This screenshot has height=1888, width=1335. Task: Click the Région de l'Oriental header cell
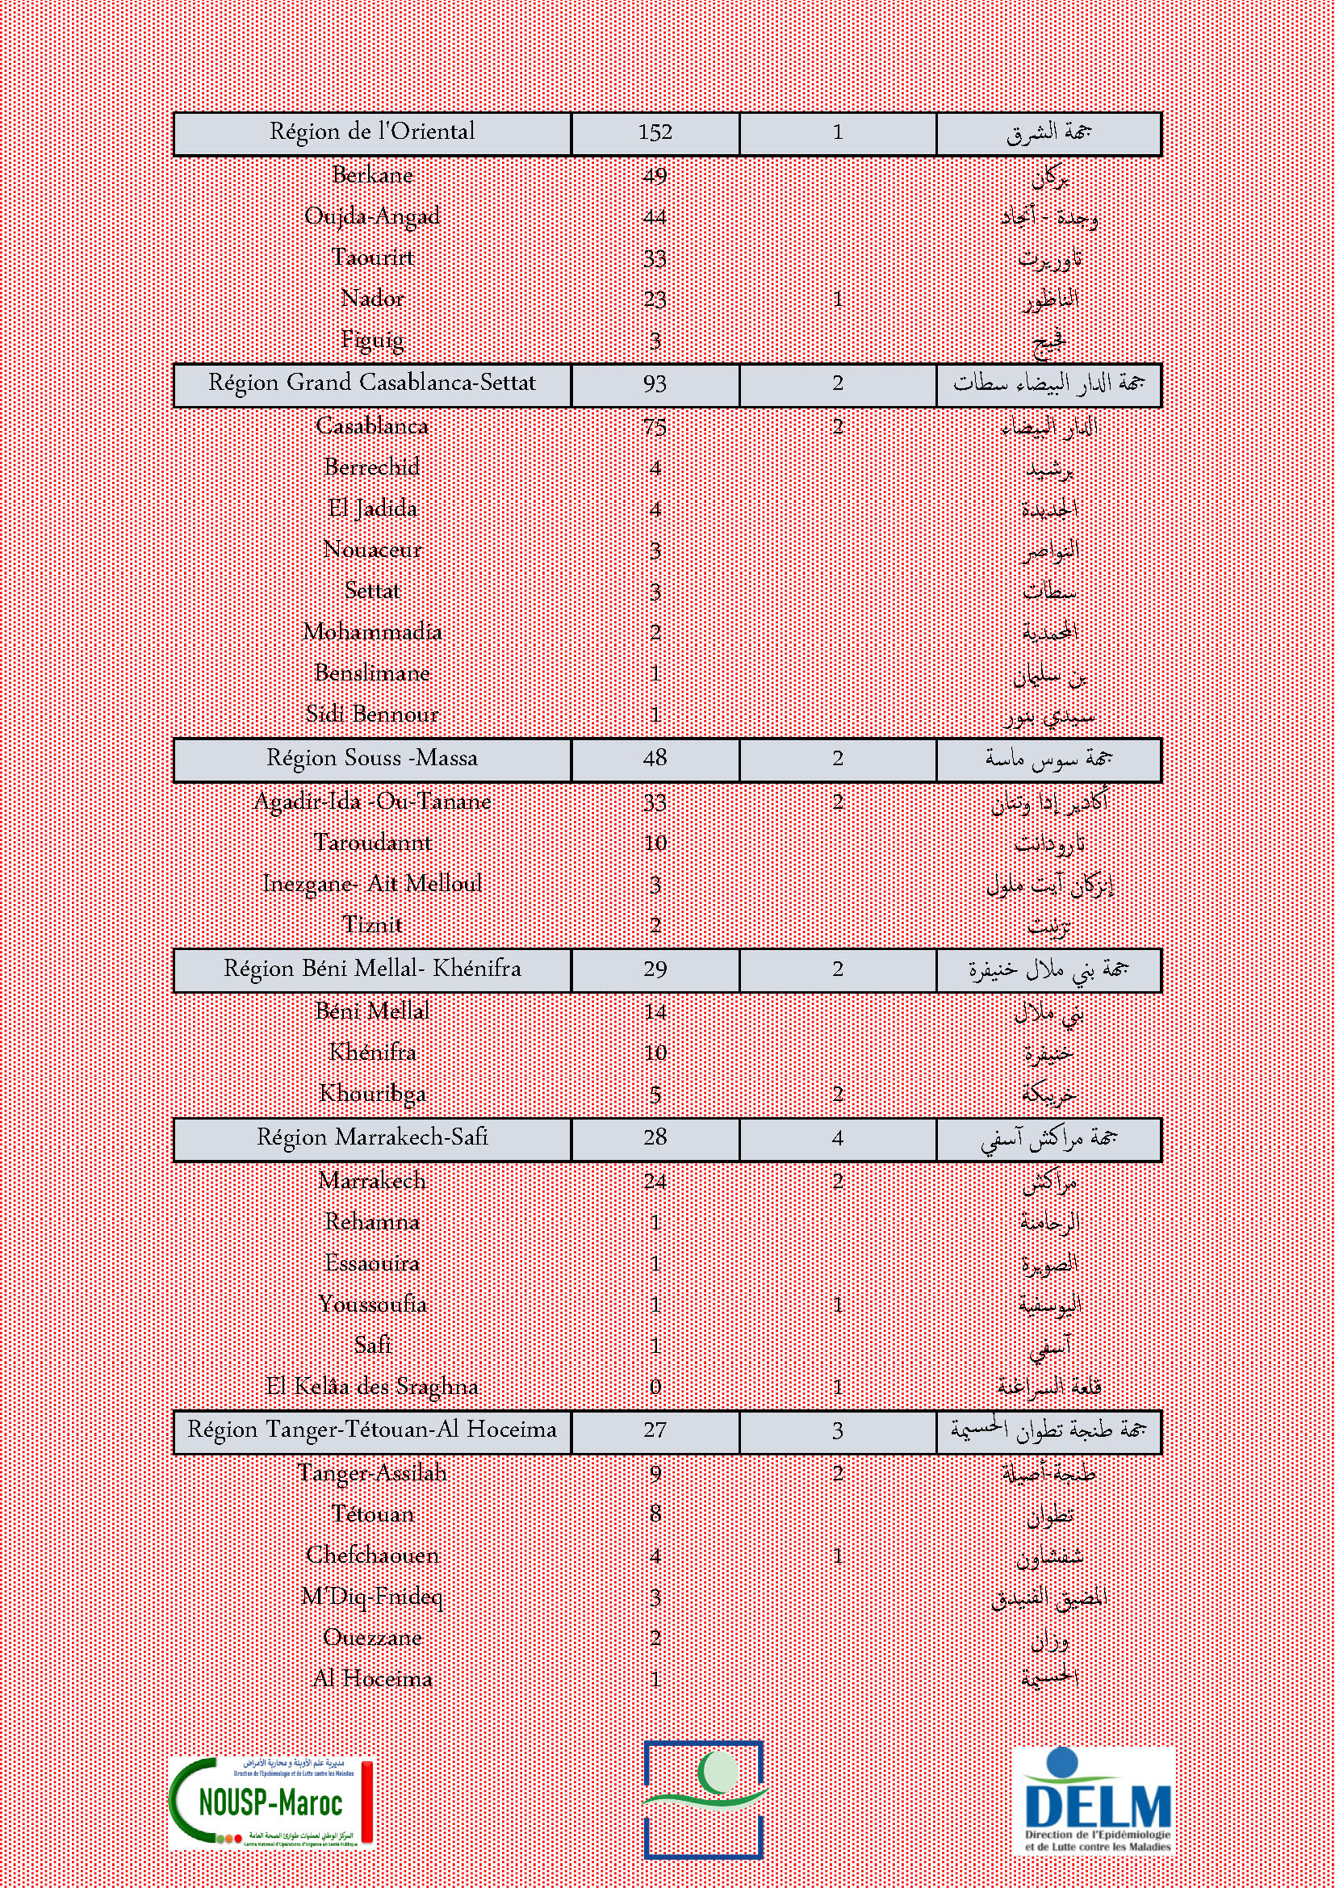tap(371, 132)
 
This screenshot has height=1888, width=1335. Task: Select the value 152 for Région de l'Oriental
tap(655, 132)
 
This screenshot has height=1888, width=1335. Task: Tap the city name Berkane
tap(372, 175)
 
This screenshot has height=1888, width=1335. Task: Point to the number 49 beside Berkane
tap(655, 176)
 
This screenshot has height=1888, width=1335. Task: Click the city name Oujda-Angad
tap(372, 216)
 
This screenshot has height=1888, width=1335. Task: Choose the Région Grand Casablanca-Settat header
tap(371, 383)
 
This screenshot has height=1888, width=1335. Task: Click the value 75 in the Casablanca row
tap(655, 427)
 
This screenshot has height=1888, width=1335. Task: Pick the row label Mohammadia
tap(372, 632)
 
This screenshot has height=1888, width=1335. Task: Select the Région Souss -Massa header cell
tap(371, 758)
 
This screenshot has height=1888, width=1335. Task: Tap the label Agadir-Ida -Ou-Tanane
tap(372, 802)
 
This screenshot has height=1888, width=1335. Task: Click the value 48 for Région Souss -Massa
tap(655, 758)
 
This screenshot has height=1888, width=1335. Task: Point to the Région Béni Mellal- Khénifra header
tap(371, 969)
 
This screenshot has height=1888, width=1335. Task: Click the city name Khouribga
tap(372, 1094)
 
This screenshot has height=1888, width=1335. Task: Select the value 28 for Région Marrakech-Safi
tap(655, 1138)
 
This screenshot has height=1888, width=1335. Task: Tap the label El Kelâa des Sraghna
tap(372, 1388)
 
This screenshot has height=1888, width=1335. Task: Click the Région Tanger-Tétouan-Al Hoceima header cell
tap(371, 1430)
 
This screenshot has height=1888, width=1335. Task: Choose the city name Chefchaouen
tap(372, 1555)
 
